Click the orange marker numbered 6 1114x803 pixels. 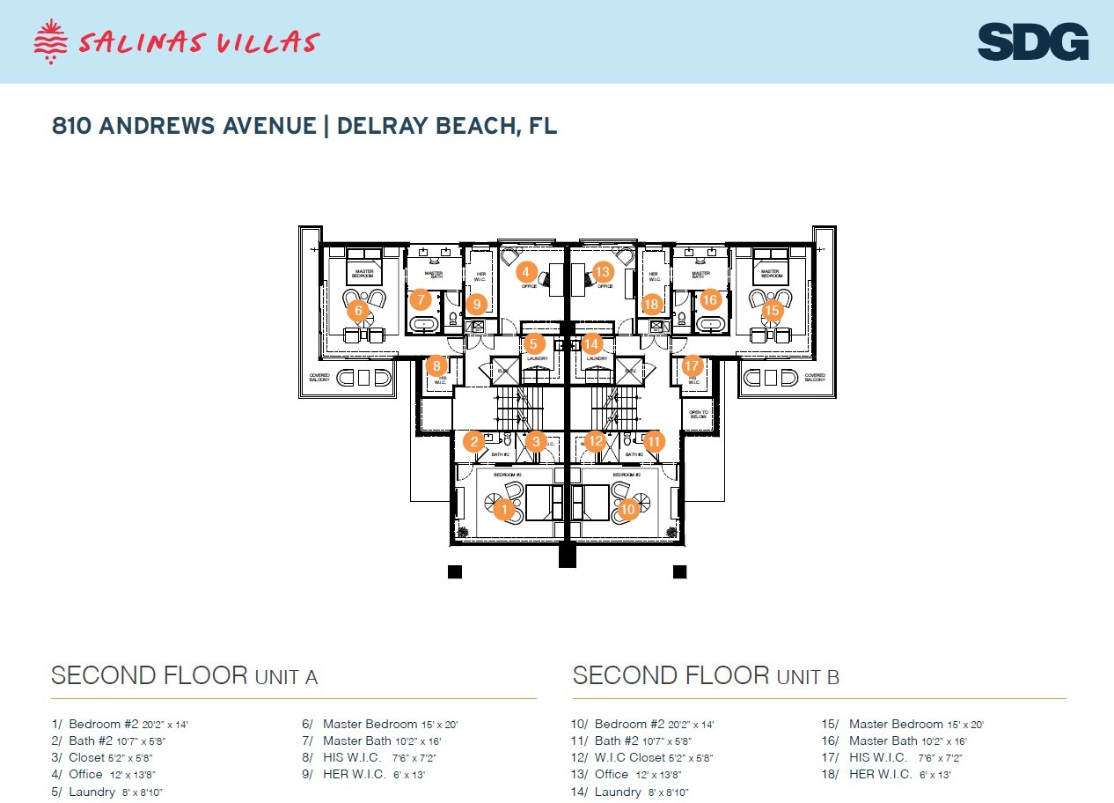pos(357,310)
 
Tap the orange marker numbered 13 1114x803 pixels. pos(603,271)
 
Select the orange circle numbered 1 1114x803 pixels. pos(503,509)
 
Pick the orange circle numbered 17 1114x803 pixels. pos(693,365)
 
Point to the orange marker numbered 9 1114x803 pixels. pos(476,305)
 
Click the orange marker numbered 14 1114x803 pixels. pos(592,344)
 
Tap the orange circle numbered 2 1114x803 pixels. pos(474,441)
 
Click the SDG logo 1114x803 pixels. pos(1033,42)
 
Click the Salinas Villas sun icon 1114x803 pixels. pos(50,41)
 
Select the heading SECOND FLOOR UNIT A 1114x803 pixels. pos(184,676)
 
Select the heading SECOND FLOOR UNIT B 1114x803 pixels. pos(706,676)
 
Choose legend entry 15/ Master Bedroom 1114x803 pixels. pos(903,725)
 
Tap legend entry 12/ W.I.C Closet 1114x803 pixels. pos(641,758)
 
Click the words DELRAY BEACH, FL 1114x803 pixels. pos(447,126)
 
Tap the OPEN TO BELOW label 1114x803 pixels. pos(699,414)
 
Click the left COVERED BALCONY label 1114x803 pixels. pos(319,378)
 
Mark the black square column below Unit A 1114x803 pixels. pos(455,571)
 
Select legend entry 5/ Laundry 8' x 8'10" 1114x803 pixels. pos(106,792)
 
